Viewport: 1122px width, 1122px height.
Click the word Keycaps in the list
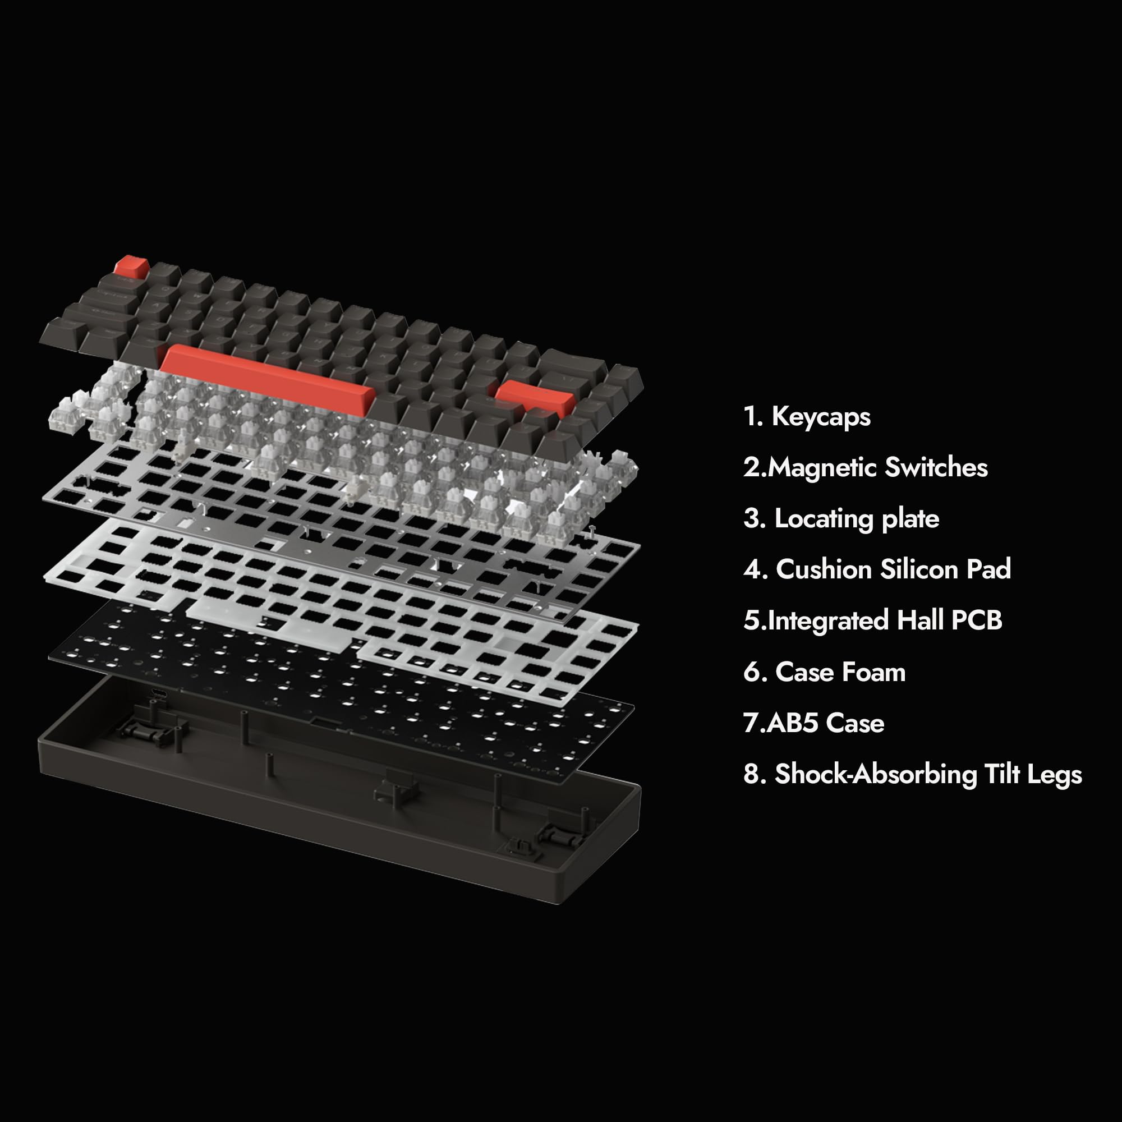pyautogui.click(x=821, y=417)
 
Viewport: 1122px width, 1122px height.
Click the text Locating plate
pyautogui.click(x=857, y=518)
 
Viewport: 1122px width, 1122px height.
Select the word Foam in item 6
pyautogui.click(x=873, y=672)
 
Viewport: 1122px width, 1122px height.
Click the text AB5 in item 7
pyautogui.click(x=793, y=723)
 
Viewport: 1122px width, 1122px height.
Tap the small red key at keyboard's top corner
pyautogui.click(x=131, y=266)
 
